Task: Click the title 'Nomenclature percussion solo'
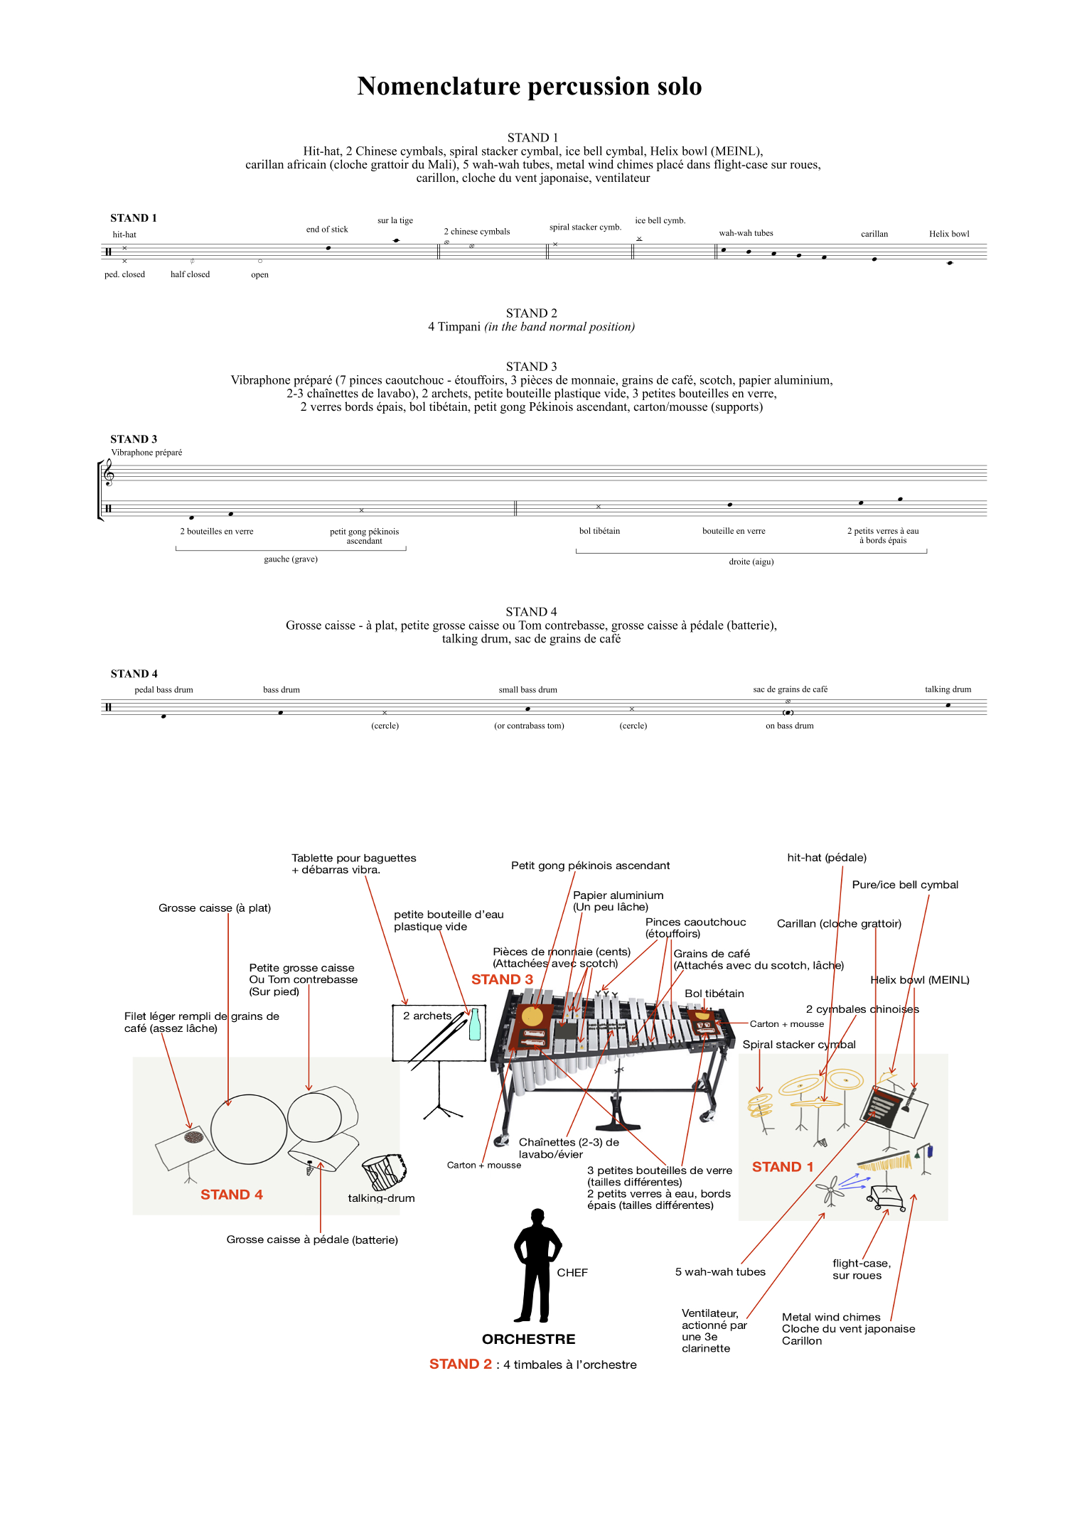[530, 86]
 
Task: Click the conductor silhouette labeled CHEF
[537, 1266]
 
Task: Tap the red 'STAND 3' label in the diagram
[502, 979]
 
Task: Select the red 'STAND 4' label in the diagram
[232, 1195]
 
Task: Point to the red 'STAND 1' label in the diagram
[783, 1167]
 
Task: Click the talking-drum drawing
[384, 1171]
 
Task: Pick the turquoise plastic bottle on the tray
[475, 1025]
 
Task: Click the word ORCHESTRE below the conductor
[529, 1339]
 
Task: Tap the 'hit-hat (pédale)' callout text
[827, 858]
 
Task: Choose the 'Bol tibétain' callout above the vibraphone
[714, 994]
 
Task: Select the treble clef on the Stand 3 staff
[109, 472]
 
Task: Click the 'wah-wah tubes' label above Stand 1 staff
[746, 233]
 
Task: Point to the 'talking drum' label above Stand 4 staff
[948, 689]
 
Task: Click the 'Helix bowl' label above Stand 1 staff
[949, 234]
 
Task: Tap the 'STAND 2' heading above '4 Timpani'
[532, 313]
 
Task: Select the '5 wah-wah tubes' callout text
[720, 1272]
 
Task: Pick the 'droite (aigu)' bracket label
[751, 561]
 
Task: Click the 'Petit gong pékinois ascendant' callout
[590, 866]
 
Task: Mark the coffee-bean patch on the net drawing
[193, 1138]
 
